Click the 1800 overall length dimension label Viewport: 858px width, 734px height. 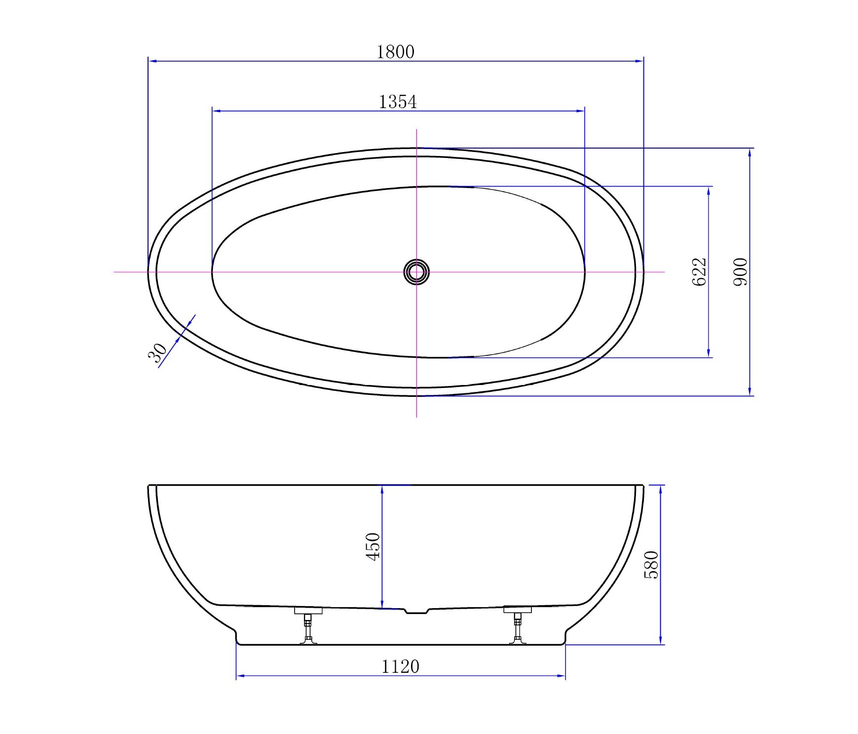click(396, 52)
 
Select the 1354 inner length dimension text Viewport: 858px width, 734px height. click(398, 102)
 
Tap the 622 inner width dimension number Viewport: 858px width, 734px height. click(700, 272)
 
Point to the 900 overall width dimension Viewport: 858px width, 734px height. click(741, 272)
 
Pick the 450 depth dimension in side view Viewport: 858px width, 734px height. click(373, 546)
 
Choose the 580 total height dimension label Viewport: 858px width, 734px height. click(651, 565)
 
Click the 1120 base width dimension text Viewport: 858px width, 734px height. click(400, 667)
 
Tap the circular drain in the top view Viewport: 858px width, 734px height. click(416, 272)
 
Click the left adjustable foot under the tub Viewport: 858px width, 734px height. click(308, 625)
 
